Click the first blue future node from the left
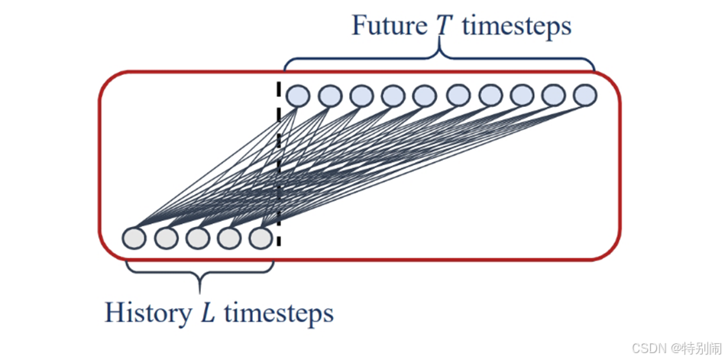297,96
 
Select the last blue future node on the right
584,95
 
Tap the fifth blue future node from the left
424,96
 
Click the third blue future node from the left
361,96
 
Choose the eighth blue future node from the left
522,96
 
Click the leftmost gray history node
134,238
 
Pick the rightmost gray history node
261,238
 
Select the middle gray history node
198,238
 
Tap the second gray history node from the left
166,238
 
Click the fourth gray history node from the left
229,238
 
